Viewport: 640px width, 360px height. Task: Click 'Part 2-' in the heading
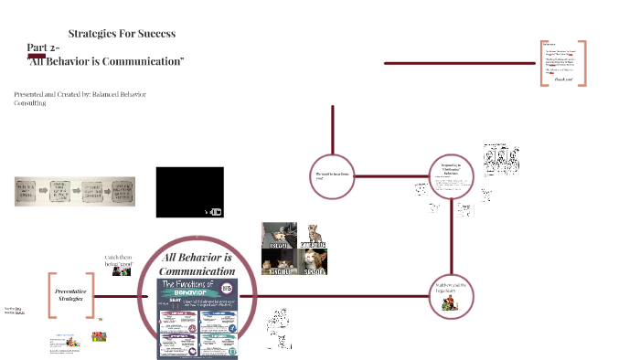(44, 47)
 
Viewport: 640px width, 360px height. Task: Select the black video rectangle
(189, 192)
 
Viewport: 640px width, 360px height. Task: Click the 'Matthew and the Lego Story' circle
(450, 294)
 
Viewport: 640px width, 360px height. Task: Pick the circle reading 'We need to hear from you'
(333, 174)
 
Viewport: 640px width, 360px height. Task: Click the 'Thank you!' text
(563, 79)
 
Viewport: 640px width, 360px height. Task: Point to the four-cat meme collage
(293, 249)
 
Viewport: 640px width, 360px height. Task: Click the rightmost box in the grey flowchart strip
(123, 193)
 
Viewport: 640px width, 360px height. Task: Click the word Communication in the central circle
(197, 271)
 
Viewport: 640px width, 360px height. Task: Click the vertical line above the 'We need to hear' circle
(333, 125)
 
